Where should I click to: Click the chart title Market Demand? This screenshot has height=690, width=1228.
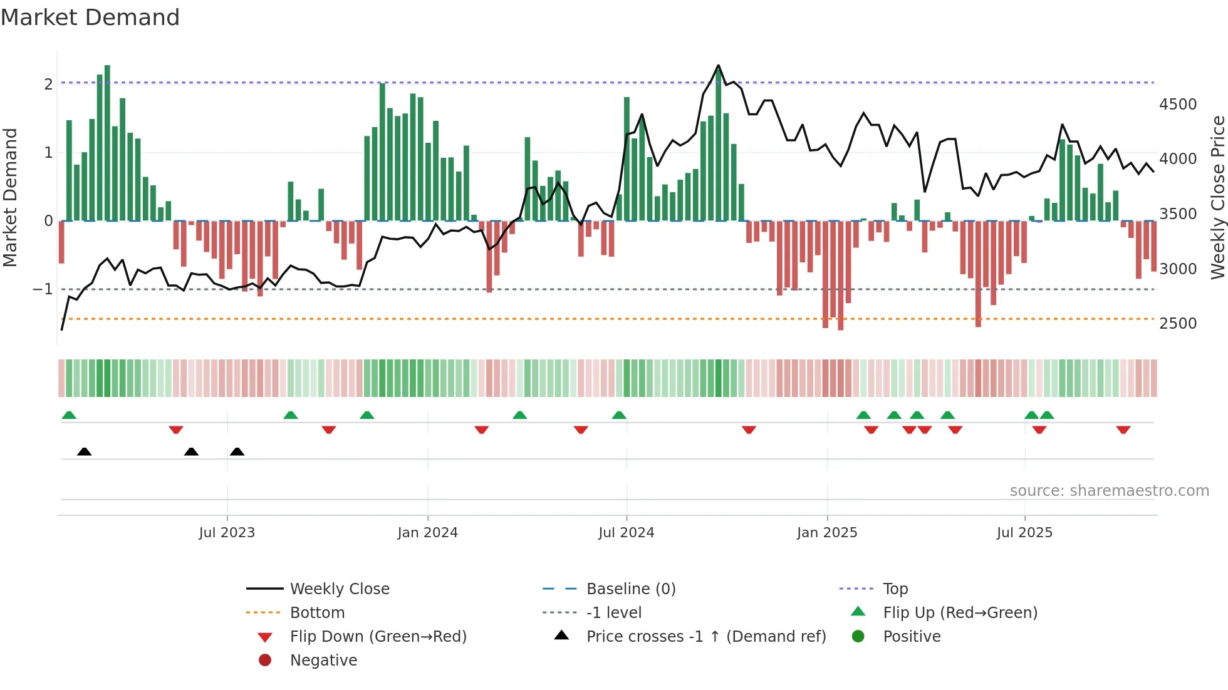coord(90,18)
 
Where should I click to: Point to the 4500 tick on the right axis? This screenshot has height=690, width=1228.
coord(1177,105)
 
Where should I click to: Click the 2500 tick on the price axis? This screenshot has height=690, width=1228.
coord(1177,324)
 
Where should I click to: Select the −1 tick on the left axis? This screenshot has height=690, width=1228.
coord(43,289)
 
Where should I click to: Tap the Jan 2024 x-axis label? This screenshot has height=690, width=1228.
coord(427,533)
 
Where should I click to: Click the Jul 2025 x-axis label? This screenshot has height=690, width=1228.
coord(1024,533)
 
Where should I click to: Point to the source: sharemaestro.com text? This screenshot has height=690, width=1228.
coord(1109,491)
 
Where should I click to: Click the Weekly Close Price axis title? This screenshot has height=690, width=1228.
coord(1217,197)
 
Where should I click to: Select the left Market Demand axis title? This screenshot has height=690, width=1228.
coord(10,197)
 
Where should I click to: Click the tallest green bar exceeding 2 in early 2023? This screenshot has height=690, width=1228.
coord(107,143)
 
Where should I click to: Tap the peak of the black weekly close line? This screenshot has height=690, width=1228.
coord(718,66)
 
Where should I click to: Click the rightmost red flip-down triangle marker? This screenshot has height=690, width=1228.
coord(1123,430)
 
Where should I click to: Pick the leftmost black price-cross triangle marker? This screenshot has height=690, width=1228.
coord(84,451)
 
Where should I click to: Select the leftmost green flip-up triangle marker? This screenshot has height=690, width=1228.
coord(69,415)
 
